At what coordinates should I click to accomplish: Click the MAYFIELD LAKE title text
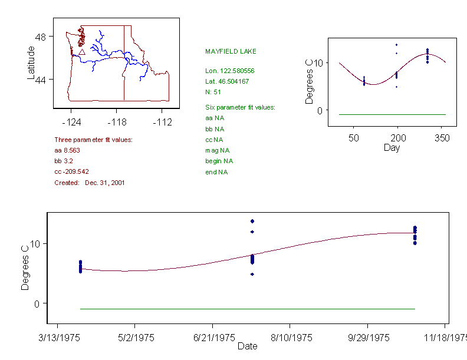(x=231, y=52)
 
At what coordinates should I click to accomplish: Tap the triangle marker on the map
(x=81, y=52)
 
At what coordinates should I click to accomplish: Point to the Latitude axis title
(x=32, y=62)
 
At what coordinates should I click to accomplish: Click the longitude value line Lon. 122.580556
(x=229, y=71)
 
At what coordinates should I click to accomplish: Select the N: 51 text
(x=213, y=92)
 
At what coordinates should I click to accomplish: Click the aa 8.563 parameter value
(x=67, y=150)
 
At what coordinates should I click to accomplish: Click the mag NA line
(x=216, y=150)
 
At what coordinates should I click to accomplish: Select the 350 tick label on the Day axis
(x=442, y=138)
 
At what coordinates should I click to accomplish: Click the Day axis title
(x=392, y=148)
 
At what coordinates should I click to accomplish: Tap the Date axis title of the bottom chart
(x=247, y=346)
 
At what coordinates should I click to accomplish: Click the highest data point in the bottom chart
(x=252, y=221)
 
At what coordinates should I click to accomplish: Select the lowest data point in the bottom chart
(x=252, y=274)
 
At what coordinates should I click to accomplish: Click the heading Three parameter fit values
(x=93, y=140)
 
